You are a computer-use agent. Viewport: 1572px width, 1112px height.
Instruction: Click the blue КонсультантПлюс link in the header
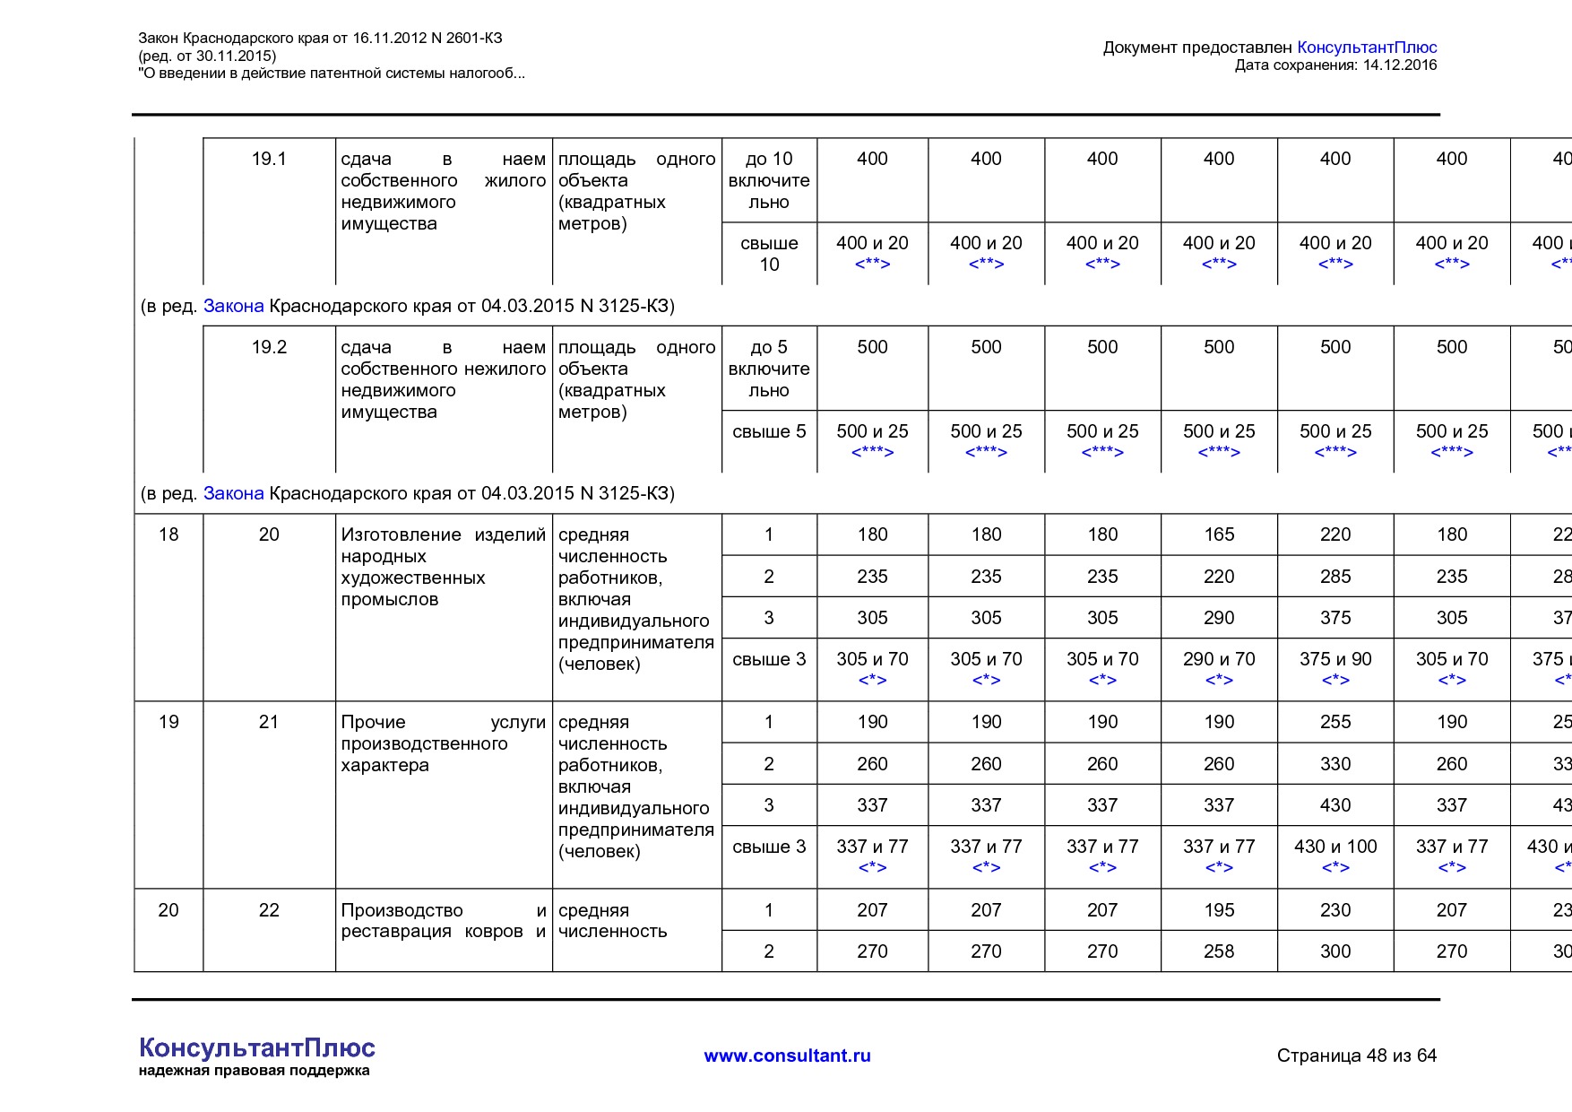point(1367,48)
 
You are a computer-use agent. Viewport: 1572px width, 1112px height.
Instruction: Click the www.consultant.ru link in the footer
point(787,1056)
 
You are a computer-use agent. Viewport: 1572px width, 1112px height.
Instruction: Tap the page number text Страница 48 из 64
point(1356,1056)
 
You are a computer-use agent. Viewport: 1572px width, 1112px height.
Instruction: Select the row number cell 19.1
point(269,159)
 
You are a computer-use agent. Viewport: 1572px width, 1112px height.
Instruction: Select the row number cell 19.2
point(269,347)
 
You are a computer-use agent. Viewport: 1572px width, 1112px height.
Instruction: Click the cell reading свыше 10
point(769,254)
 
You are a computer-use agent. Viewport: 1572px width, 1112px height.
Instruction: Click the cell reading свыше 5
point(769,431)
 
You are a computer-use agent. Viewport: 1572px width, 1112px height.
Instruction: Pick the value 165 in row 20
point(1219,534)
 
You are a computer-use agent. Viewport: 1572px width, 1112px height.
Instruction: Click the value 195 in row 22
point(1219,910)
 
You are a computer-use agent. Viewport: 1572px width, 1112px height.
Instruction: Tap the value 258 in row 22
point(1219,951)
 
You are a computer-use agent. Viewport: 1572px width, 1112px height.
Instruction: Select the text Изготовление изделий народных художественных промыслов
point(443,567)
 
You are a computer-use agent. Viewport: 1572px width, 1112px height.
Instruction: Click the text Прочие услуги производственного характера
point(443,743)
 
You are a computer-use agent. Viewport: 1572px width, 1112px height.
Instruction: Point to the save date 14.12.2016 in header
point(1399,65)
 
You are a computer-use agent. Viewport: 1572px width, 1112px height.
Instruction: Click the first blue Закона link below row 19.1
point(233,306)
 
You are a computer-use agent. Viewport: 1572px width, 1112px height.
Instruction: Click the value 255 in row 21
point(1335,722)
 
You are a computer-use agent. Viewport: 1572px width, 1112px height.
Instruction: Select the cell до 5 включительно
point(769,369)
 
